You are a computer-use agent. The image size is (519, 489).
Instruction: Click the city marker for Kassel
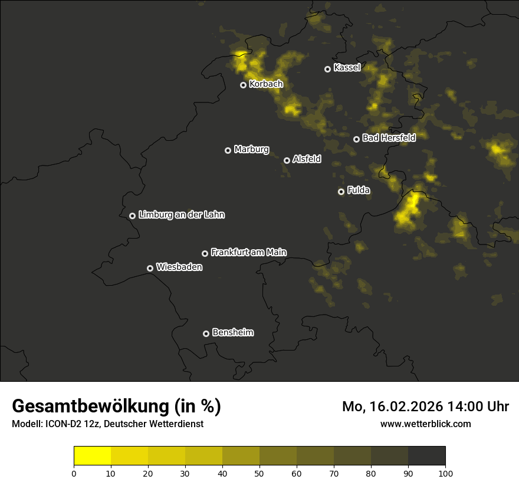(x=327, y=69)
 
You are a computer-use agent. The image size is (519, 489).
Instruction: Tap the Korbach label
(x=266, y=84)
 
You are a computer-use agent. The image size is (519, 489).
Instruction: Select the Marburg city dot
(x=228, y=150)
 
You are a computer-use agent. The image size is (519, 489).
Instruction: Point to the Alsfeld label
(x=307, y=159)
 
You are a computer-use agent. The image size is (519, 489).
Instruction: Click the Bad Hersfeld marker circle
(x=356, y=139)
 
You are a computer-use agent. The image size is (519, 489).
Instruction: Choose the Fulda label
(x=358, y=191)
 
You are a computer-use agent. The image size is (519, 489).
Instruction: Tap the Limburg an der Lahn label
(x=181, y=215)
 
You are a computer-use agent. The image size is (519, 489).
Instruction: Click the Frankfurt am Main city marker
(x=205, y=253)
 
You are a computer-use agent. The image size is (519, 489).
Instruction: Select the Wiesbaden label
(x=179, y=267)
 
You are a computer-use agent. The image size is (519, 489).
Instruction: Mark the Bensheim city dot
(x=206, y=333)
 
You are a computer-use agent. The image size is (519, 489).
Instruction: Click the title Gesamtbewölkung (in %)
(x=116, y=407)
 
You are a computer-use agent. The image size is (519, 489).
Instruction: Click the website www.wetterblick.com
(x=425, y=424)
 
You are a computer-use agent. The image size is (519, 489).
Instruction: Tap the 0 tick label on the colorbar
(x=74, y=473)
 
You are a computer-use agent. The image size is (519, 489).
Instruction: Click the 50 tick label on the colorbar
(x=259, y=473)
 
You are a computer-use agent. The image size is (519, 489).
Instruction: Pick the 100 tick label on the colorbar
(x=445, y=473)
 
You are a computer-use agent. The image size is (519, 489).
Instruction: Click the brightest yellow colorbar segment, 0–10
(x=93, y=456)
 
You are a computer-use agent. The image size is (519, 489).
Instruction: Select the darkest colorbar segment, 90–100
(x=426, y=456)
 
